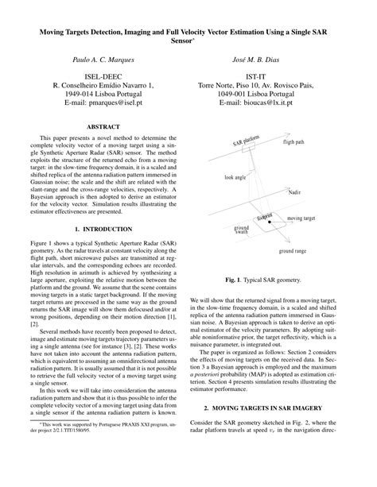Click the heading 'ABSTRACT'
pyautogui.click(x=103, y=126)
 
